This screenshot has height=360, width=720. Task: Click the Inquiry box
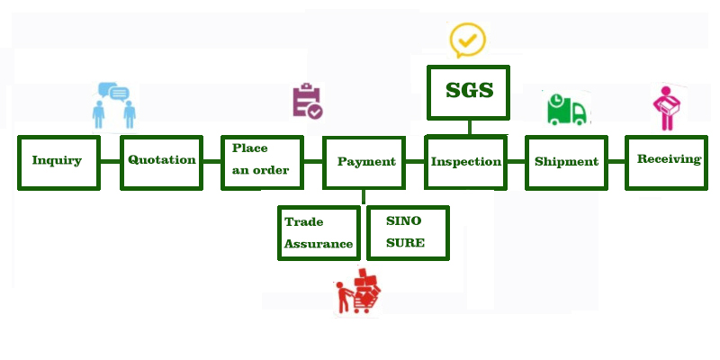point(58,162)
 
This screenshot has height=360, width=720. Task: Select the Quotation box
point(161,161)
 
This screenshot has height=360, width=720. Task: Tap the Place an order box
point(261,160)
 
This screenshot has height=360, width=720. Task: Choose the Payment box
point(364,162)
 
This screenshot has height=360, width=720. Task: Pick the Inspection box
point(465,162)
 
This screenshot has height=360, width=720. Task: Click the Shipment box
point(566,162)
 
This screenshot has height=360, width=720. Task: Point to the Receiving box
point(667,161)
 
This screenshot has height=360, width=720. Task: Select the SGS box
point(469,92)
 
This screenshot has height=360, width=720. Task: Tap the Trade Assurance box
point(319,232)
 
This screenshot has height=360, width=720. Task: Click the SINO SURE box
point(408,232)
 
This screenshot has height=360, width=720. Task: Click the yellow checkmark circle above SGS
point(468,39)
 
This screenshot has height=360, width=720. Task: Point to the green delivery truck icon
point(566,109)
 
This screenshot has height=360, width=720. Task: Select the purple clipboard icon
point(307,102)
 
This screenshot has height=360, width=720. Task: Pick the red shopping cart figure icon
point(358,292)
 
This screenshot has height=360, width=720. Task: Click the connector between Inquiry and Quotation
point(110,162)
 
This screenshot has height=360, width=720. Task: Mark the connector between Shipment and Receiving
point(616,162)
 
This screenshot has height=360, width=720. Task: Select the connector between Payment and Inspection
point(414,162)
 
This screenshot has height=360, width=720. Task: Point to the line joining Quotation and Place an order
point(211,162)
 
